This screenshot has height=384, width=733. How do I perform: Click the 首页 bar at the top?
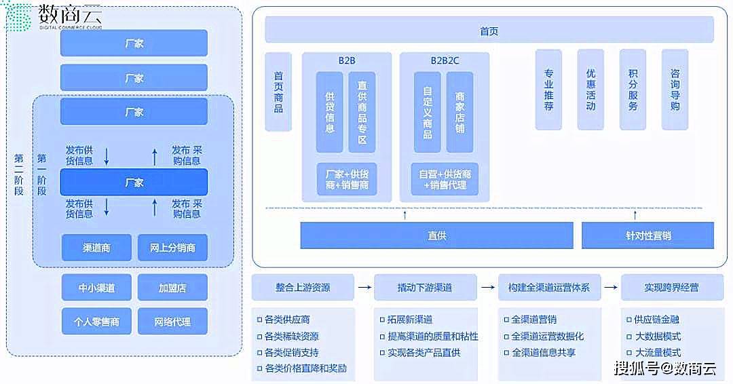point(489,31)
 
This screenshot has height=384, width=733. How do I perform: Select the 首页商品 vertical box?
point(278,92)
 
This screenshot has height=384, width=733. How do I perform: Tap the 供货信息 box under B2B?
point(330,112)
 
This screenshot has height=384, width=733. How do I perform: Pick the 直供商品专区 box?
point(362,112)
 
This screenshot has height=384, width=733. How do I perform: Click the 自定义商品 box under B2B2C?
point(428,112)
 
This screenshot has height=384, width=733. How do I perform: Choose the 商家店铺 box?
point(460,112)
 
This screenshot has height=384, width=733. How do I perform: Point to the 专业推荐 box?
point(548,90)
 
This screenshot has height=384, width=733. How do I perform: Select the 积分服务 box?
point(633,90)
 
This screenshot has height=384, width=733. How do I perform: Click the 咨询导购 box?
point(675,90)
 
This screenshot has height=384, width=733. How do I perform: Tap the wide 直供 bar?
point(436,235)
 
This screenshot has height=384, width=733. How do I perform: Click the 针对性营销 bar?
point(647,235)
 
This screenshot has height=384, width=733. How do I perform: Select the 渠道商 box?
point(96,248)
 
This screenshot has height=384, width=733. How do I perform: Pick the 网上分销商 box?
point(172,248)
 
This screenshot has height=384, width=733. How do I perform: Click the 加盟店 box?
point(172,288)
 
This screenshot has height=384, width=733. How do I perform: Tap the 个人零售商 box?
point(96,322)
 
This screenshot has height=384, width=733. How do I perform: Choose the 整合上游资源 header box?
point(303,287)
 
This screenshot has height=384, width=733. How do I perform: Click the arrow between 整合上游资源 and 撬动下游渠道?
point(364,288)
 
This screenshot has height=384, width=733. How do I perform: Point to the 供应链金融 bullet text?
point(656,320)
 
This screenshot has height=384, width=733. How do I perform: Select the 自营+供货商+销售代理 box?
point(445,179)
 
